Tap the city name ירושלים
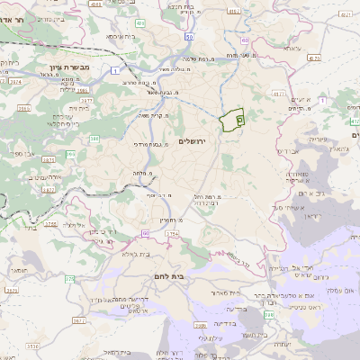(x=193, y=142)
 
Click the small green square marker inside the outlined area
(x=238, y=118)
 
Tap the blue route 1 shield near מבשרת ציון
(x=116, y=69)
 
